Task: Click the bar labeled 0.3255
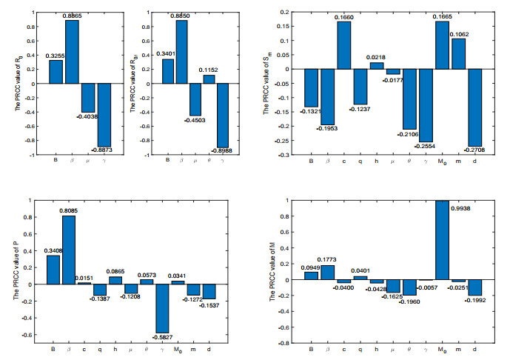coord(56,72)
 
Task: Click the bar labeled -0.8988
coord(222,115)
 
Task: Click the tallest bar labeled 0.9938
coord(442,240)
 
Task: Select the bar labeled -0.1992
coord(474,288)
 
